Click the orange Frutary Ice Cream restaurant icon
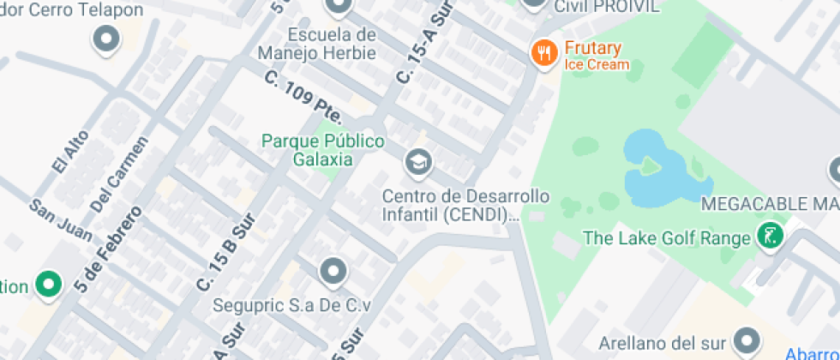tap(543, 54)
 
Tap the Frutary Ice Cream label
tap(593, 56)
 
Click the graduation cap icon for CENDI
tap(418, 161)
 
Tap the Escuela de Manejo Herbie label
tap(333, 44)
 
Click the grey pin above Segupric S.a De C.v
tap(333, 273)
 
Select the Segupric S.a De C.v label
tap(291, 305)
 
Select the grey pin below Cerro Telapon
tap(106, 39)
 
